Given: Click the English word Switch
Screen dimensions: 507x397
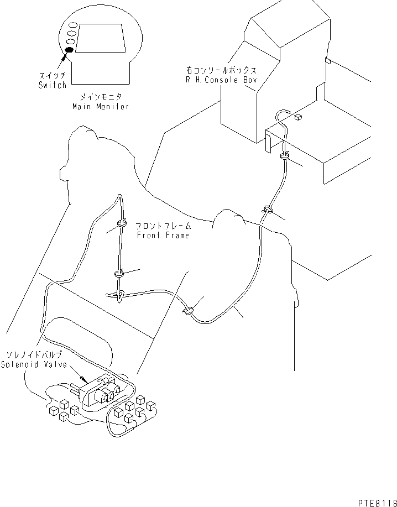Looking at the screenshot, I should click(x=53, y=85).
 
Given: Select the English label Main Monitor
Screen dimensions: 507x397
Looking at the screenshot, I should click(x=101, y=106).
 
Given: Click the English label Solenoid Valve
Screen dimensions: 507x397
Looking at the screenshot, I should click(x=33, y=364).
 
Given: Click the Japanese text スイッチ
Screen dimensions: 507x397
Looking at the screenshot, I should click(x=53, y=76).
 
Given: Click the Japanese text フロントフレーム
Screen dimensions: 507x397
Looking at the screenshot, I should click(x=164, y=226).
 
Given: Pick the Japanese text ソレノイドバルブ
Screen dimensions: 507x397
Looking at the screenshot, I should click(x=34, y=356).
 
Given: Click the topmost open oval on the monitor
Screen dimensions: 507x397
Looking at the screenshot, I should click(x=72, y=25).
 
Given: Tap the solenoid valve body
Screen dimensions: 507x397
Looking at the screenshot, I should click(x=103, y=392).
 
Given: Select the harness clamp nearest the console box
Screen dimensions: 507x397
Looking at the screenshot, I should click(x=285, y=156).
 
